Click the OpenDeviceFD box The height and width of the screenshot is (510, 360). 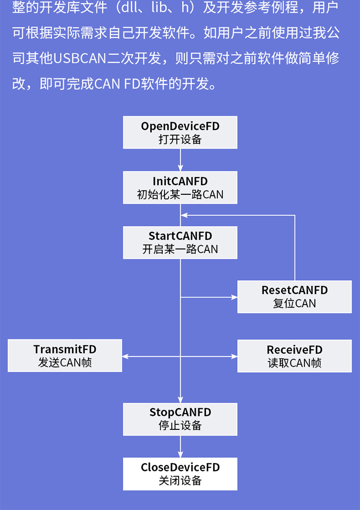180,132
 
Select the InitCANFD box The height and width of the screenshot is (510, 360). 180,188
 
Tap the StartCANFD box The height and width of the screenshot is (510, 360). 180,242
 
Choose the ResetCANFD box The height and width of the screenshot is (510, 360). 294,297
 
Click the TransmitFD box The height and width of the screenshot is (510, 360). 65,356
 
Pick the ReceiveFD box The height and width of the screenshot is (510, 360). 294,356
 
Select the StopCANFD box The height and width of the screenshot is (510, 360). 180,419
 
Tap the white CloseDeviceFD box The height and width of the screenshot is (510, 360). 180,474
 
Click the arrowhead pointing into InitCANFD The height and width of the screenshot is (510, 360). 180,168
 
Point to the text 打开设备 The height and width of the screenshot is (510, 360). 180,140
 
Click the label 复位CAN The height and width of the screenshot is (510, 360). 294,303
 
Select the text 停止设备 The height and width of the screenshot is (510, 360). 180,426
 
